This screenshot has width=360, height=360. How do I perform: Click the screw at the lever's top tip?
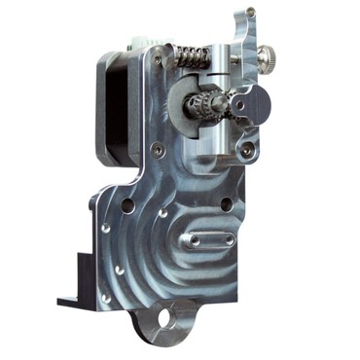tap(250, 13)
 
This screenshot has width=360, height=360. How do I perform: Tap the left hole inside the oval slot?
tap(196, 239)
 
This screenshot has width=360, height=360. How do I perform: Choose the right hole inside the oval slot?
tap(228, 237)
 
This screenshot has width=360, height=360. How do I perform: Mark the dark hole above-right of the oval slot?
tap(226, 205)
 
